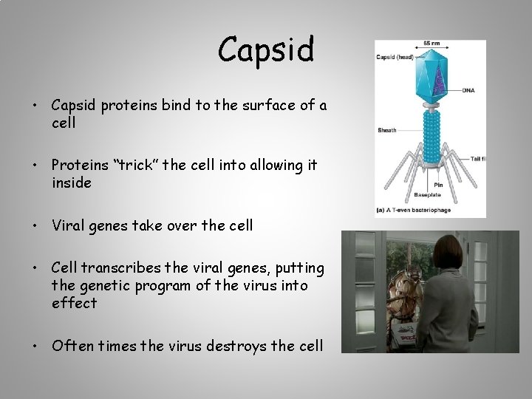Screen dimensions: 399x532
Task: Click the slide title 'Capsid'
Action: click(266, 50)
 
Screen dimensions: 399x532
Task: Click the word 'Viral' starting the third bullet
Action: click(69, 225)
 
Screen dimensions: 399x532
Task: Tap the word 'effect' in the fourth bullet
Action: click(74, 302)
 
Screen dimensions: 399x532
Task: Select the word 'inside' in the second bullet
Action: click(72, 183)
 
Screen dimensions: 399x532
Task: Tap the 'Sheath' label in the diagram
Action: click(387, 130)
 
